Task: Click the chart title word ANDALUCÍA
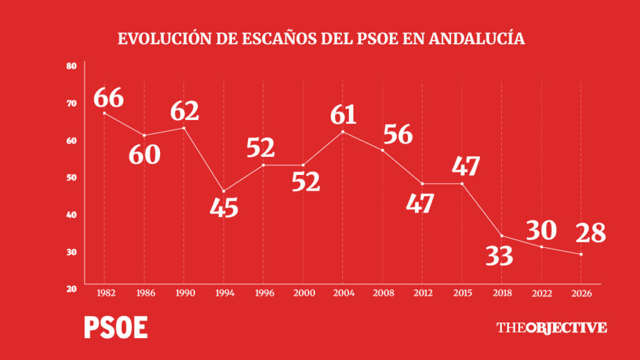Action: click(x=477, y=38)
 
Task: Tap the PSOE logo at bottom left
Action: click(x=116, y=327)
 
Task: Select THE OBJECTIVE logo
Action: click(x=551, y=327)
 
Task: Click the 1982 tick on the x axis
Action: click(x=106, y=292)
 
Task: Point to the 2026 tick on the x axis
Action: click(x=582, y=293)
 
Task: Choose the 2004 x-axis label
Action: click(x=344, y=292)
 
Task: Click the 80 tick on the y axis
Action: click(x=71, y=66)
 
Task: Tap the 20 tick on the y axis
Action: click(x=71, y=289)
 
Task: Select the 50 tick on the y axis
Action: click(x=71, y=177)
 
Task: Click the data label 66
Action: click(x=109, y=98)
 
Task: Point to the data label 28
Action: click(x=591, y=233)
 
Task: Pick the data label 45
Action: click(x=224, y=207)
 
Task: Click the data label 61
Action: click(x=343, y=115)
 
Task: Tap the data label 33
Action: click(x=499, y=256)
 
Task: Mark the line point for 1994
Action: click(x=224, y=191)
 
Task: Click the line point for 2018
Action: click(x=502, y=236)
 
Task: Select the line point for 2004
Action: click(x=342, y=132)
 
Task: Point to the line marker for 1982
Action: click(x=104, y=113)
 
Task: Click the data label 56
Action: click(x=398, y=134)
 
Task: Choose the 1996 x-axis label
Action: click(x=264, y=292)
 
